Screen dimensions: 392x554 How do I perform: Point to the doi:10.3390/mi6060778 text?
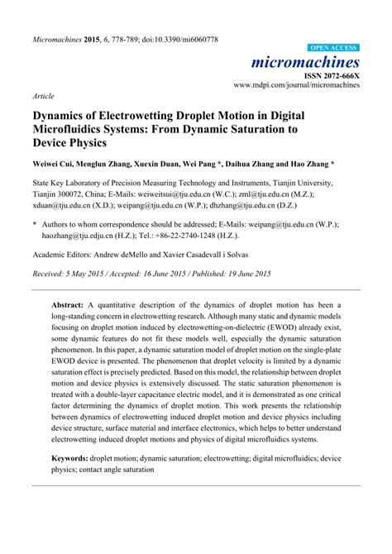(175, 39)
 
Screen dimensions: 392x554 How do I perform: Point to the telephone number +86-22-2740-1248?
(217, 235)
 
